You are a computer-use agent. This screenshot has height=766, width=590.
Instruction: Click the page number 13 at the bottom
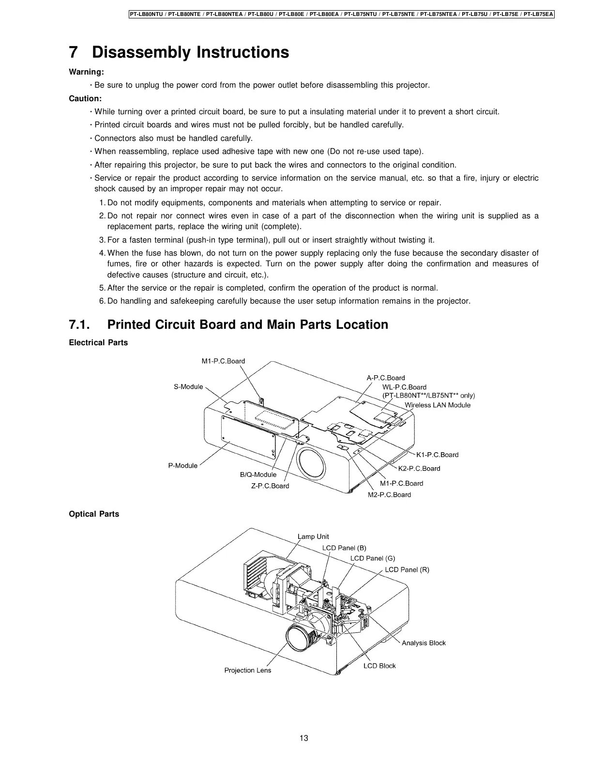click(303, 738)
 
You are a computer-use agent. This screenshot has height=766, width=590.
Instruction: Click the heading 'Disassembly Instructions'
click(190, 52)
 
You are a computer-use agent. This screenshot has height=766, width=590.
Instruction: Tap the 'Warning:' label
click(87, 72)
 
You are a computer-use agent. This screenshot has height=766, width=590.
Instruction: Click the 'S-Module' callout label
click(188, 387)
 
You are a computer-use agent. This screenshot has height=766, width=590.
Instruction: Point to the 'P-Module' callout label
click(183, 465)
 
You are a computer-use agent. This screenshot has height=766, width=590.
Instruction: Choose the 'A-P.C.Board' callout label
click(386, 378)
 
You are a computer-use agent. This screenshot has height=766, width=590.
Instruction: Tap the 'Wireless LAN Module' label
click(438, 405)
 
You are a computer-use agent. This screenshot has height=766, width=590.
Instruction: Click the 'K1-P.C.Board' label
click(437, 455)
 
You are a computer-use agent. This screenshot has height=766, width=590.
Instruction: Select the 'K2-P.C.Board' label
click(419, 468)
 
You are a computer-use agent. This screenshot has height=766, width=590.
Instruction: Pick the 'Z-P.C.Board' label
click(270, 486)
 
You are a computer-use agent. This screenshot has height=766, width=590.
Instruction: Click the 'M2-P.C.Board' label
click(389, 494)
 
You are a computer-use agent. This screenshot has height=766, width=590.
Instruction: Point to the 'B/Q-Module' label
click(258, 475)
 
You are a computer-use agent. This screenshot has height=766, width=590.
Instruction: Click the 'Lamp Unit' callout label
click(313, 536)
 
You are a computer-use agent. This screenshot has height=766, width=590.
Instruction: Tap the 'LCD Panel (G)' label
click(373, 558)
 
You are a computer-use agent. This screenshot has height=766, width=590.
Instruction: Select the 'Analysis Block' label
click(424, 643)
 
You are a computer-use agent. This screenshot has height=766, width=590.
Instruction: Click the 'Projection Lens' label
click(248, 670)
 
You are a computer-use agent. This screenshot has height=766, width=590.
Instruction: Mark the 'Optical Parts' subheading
click(94, 514)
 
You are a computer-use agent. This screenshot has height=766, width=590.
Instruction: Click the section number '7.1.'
click(83, 324)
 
